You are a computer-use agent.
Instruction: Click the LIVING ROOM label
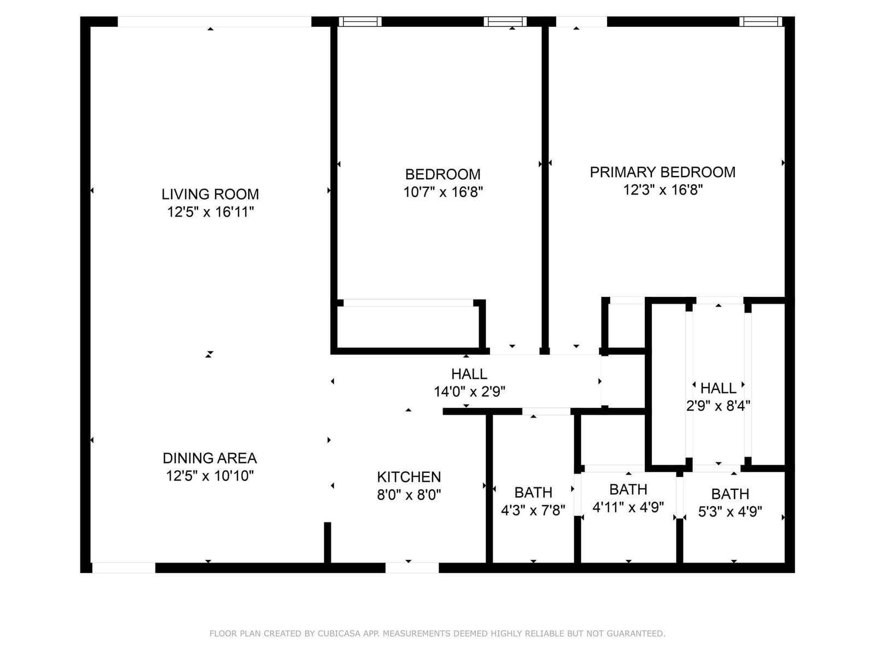pyautogui.click(x=210, y=195)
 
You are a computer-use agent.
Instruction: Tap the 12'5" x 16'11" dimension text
pyautogui.click(x=210, y=212)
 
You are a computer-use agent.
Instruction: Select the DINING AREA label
pyautogui.click(x=209, y=458)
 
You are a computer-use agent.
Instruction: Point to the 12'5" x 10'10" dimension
pyautogui.click(x=209, y=476)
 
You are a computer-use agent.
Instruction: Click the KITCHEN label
pyautogui.click(x=409, y=477)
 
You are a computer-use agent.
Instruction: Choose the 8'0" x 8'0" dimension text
pyautogui.click(x=409, y=495)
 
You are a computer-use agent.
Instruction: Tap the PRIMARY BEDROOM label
pyautogui.click(x=662, y=172)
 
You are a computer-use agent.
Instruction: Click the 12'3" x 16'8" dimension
pyautogui.click(x=662, y=190)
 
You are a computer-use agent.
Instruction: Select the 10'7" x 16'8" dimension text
pyautogui.click(x=443, y=192)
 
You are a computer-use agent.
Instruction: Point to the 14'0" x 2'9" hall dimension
pyautogui.click(x=469, y=392)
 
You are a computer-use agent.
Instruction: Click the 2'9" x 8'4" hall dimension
pyautogui.click(x=718, y=406)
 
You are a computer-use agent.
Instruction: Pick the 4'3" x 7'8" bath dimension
pyautogui.click(x=533, y=510)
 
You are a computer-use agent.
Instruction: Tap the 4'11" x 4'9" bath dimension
pyautogui.click(x=628, y=507)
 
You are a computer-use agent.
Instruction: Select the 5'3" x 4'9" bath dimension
pyautogui.click(x=730, y=512)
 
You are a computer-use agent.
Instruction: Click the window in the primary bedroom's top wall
pyautogui.click(x=761, y=21)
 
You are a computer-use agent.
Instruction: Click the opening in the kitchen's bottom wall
pyautogui.click(x=412, y=567)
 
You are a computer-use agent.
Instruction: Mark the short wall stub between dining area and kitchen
pyautogui.click(x=327, y=542)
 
